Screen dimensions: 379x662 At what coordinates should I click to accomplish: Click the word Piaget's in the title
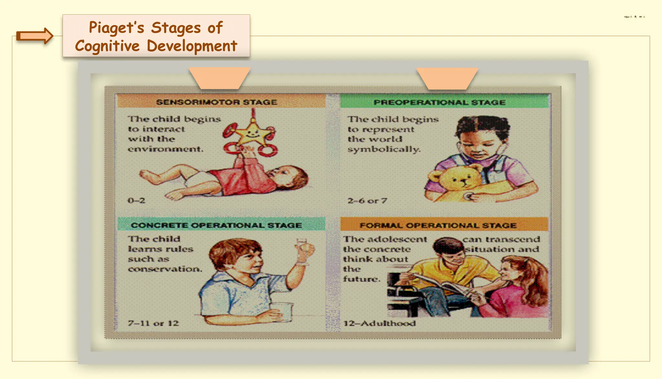click(116, 28)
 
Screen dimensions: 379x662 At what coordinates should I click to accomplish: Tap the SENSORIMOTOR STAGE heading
click(217, 102)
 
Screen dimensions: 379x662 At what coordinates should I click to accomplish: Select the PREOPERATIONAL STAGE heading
click(439, 103)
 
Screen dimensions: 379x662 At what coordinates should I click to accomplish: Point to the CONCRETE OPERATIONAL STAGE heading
click(216, 225)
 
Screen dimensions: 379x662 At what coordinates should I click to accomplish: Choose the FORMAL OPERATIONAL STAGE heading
click(438, 225)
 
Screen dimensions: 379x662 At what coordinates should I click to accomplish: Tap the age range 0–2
click(136, 200)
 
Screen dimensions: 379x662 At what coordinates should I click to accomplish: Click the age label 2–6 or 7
click(367, 201)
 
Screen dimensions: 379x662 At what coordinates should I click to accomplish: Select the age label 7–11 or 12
click(153, 323)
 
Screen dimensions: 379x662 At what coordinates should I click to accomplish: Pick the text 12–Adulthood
click(379, 323)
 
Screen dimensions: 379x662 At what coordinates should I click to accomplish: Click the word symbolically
click(384, 149)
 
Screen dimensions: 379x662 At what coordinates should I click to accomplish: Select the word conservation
click(165, 269)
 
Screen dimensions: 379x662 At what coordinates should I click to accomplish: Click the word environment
click(165, 149)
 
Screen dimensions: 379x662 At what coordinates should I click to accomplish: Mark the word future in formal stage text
click(361, 279)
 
